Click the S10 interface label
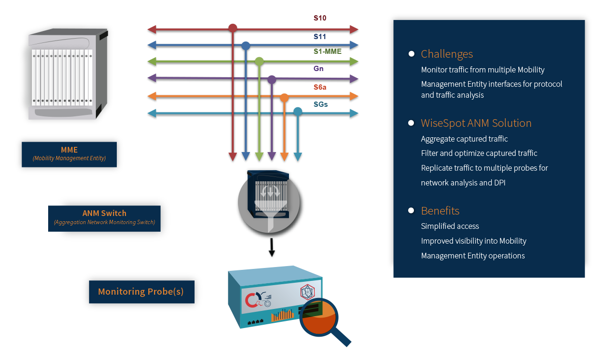click(319, 19)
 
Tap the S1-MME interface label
click(327, 51)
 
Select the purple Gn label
click(319, 69)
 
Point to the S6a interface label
click(319, 87)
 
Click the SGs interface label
click(320, 104)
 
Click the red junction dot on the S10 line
click(233, 28)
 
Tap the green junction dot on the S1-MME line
click(259, 62)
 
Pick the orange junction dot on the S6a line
click(284, 98)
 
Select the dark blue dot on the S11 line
click(246, 46)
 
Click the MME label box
click(69, 154)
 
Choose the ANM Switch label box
click(104, 218)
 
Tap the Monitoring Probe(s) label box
click(141, 291)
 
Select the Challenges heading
click(447, 54)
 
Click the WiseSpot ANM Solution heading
click(476, 123)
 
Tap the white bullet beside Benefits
click(411, 210)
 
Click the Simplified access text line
click(450, 226)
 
